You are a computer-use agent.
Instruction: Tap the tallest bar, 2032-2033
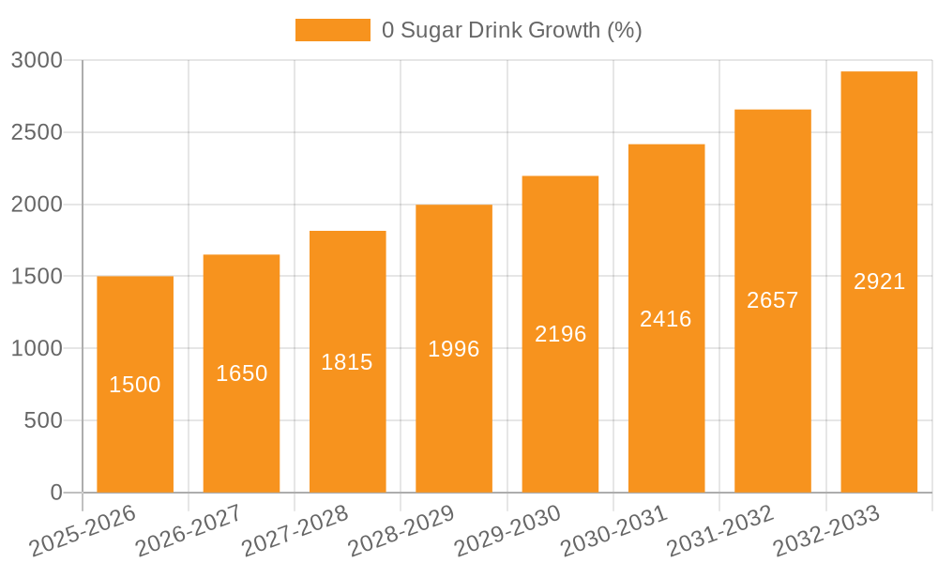click(879, 375)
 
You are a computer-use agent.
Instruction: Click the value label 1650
click(241, 373)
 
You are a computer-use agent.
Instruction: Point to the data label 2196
click(560, 334)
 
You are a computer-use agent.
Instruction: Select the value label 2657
click(772, 300)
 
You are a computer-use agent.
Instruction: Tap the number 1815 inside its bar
click(347, 362)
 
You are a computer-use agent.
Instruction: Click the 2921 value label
click(879, 281)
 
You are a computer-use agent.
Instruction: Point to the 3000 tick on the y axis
click(37, 61)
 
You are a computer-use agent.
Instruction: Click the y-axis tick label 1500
click(37, 277)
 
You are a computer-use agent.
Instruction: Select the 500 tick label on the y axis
click(43, 421)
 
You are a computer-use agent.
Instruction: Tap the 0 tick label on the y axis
click(55, 493)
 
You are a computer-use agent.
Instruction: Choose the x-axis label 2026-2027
click(189, 531)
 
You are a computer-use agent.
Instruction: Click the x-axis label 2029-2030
click(507, 531)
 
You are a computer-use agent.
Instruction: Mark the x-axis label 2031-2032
click(719, 531)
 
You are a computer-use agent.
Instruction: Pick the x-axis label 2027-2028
click(295, 531)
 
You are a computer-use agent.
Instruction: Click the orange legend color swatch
click(333, 30)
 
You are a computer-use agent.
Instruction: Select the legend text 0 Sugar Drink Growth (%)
click(511, 30)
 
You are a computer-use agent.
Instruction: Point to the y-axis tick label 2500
click(37, 132)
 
